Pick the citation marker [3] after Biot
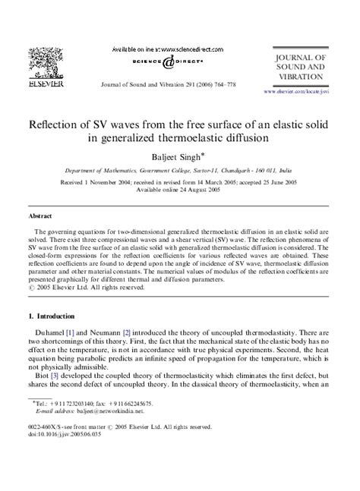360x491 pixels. coord(62,395)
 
